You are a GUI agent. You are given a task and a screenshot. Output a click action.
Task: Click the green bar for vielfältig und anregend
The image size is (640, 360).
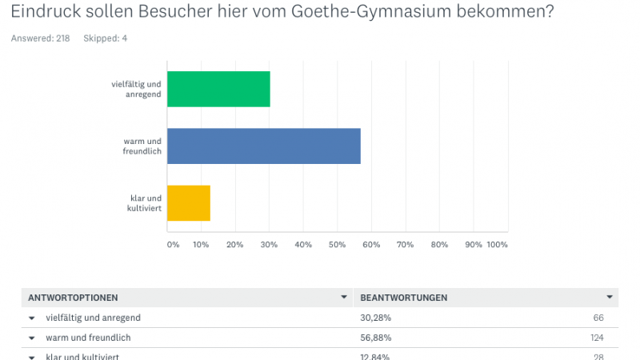[218, 89]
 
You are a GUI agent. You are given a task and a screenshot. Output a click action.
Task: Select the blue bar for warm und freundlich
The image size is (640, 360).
[264, 146]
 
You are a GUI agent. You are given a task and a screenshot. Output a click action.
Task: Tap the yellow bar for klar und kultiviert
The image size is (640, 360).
[189, 203]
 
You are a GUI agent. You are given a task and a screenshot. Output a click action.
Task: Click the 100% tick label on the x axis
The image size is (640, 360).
[497, 244]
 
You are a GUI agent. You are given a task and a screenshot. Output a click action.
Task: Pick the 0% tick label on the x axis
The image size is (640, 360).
[173, 244]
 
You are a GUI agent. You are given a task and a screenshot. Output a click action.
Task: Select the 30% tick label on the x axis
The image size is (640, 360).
[269, 244]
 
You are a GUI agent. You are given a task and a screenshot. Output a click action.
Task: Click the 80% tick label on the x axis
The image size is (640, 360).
[439, 244]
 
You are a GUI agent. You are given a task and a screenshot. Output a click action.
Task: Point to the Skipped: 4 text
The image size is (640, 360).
[105, 38]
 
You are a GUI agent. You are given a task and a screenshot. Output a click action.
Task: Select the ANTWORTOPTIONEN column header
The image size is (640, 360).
[73, 298]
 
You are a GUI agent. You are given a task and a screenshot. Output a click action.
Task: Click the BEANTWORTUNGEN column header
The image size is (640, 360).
[404, 298]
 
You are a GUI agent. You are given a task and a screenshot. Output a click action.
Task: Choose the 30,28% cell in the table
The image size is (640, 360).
[375, 318]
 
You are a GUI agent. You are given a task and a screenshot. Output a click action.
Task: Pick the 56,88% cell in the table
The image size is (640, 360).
[375, 338]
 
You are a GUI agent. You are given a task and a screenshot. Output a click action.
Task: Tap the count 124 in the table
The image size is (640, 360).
[596, 338]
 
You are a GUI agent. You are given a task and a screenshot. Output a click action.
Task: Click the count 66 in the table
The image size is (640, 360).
[598, 318]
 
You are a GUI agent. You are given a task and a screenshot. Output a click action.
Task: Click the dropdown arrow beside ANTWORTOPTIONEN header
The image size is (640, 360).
[344, 298]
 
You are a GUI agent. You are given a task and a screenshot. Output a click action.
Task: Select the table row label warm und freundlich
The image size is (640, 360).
[88, 338]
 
